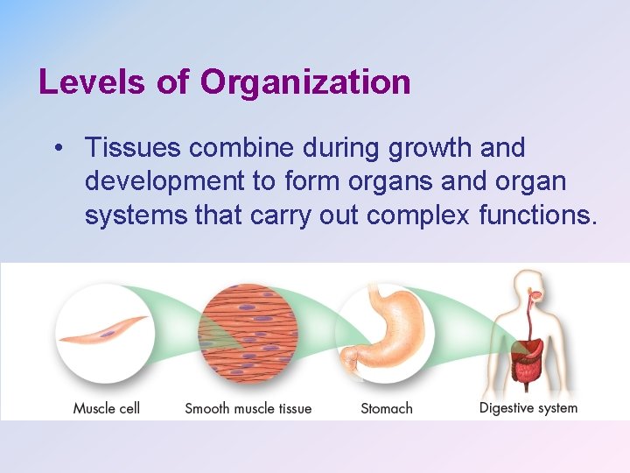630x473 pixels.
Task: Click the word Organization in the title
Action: coord(305,81)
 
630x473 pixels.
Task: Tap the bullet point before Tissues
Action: coord(57,148)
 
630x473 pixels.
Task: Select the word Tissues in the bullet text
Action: coord(132,148)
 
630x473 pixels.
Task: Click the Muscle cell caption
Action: coord(106,407)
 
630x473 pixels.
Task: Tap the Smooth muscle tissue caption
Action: coord(248,407)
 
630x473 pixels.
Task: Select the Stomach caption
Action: coord(387,407)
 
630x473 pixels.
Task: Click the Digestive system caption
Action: coord(528,407)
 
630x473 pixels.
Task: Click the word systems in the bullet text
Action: coord(136,215)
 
